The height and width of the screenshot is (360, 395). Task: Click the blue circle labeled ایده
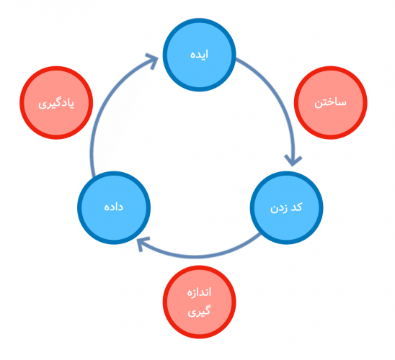(199, 55)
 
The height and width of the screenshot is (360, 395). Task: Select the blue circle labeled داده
(114, 207)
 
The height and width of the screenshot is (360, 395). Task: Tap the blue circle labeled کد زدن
(286, 207)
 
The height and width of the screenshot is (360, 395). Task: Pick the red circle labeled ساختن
(331, 103)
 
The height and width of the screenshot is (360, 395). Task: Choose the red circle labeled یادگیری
(56, 103)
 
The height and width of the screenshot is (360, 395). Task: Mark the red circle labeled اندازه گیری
(199, 302)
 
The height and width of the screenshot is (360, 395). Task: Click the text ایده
(199, 54)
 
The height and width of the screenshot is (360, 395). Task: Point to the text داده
(114, 207)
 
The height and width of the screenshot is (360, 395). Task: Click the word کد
(296, 207)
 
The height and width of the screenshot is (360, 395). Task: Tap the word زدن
(279, 208)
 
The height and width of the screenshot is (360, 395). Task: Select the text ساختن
(330, 103)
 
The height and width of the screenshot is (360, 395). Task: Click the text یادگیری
(56, 104)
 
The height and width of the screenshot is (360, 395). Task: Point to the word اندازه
(199, 292)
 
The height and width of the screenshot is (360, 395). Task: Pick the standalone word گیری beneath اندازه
(199, 311)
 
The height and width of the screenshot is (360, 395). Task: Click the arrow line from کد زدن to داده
(197, 256)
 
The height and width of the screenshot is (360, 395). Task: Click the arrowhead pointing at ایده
(152, 60)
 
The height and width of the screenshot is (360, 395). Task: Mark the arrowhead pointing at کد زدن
(293, 161)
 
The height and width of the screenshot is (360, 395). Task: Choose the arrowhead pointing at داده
(141, 243)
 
